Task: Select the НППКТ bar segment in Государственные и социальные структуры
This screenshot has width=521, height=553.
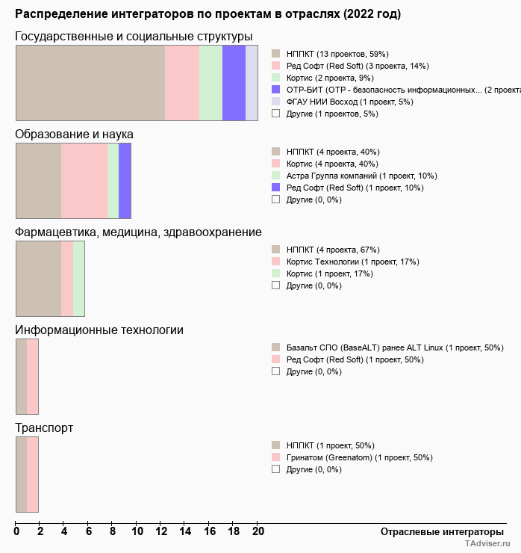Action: coord(90,82)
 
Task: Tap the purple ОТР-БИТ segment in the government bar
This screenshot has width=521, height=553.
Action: coord(234,82)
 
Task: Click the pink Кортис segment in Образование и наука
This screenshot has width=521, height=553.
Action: coord(84,180)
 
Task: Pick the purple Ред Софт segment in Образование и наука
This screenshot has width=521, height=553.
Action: coord(125,180)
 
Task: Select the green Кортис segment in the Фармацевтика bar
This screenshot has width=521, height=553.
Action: coord(78,278)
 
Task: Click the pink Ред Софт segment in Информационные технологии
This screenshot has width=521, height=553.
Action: coord(32,376)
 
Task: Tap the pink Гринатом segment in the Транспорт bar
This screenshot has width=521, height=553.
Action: coord(32,474)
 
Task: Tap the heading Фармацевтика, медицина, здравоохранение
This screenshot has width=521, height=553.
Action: coord(138,232)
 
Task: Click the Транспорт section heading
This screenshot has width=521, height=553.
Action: coord(44,428)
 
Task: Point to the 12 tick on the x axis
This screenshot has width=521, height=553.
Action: coord(160,531)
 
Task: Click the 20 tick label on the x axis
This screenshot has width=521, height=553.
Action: coord(258,531)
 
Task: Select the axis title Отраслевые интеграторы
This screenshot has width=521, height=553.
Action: coord(437,531)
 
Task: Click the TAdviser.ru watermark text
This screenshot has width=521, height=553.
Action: coord(487,545)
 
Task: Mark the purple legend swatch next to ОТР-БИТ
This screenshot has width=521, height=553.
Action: coord(275,90)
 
